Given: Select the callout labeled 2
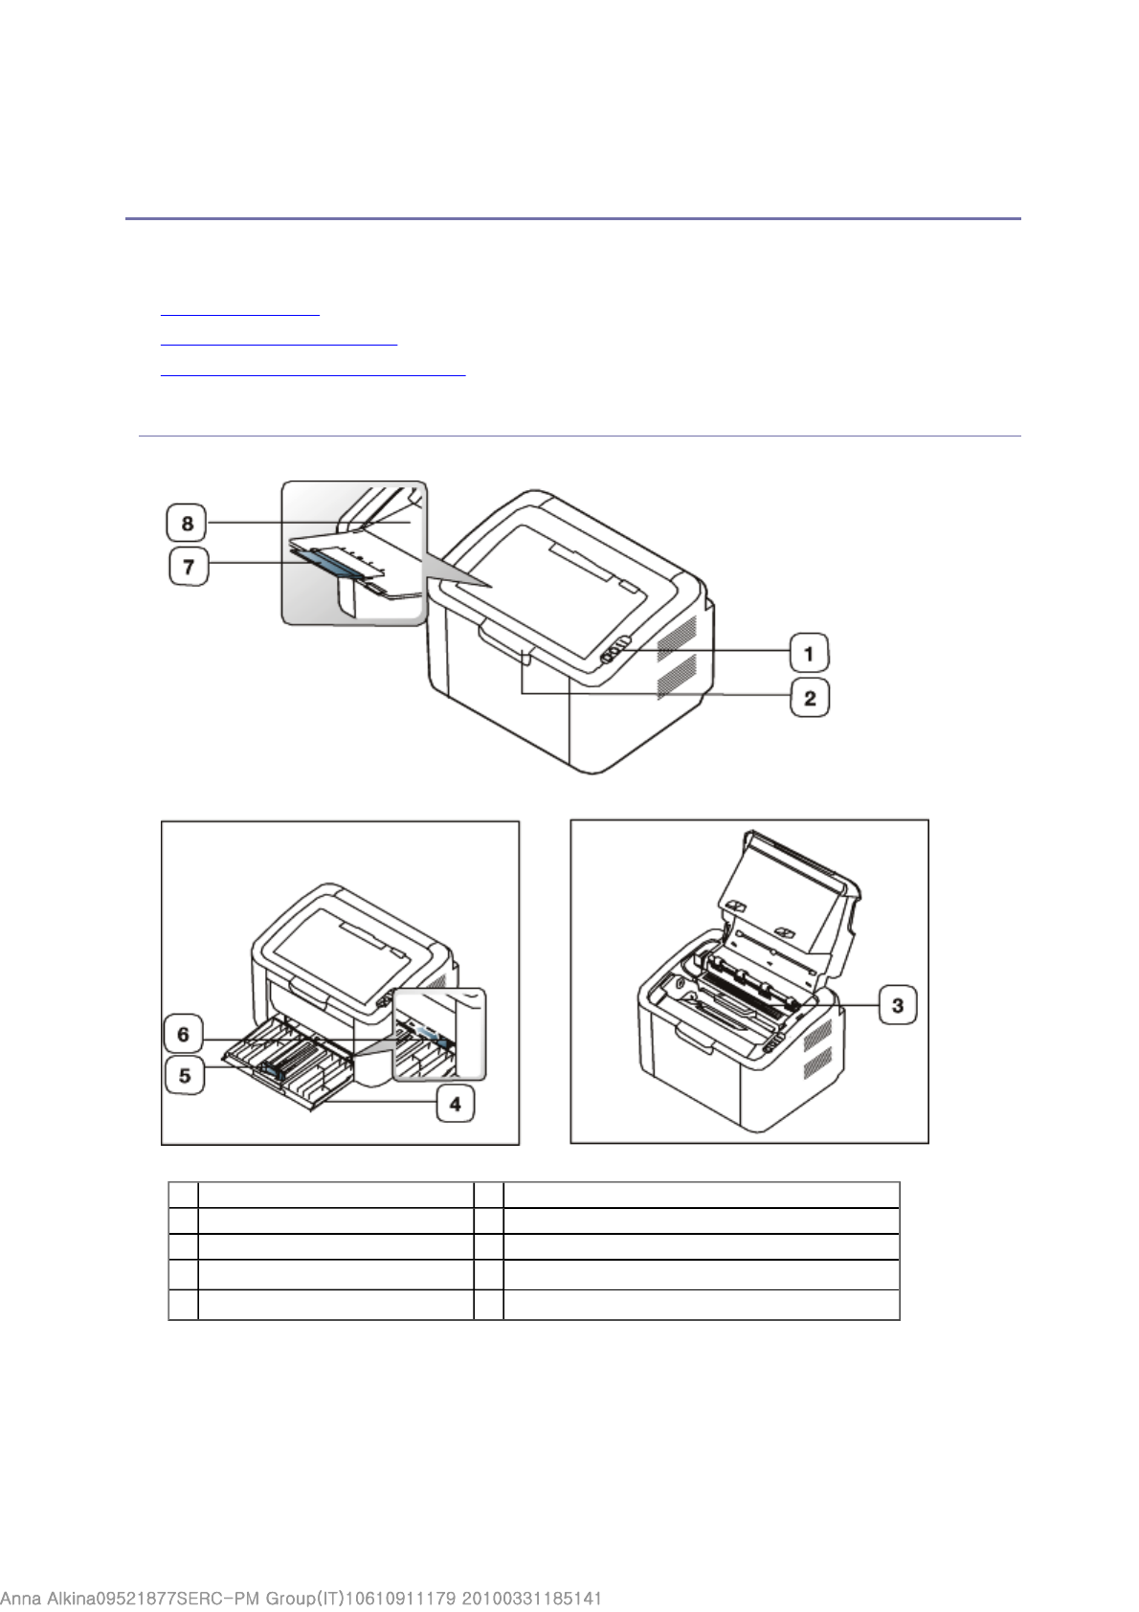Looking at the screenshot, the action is click(810, 697).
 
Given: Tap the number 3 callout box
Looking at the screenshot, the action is click(897, 1004).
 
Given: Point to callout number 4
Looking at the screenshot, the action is click(456, 1103).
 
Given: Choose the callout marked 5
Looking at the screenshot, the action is click(185, 1075).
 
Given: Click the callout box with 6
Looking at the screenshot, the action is click(184, 1034).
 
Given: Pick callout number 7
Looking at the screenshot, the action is click(189, 566).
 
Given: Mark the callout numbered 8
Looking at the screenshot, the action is click(187, 523).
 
